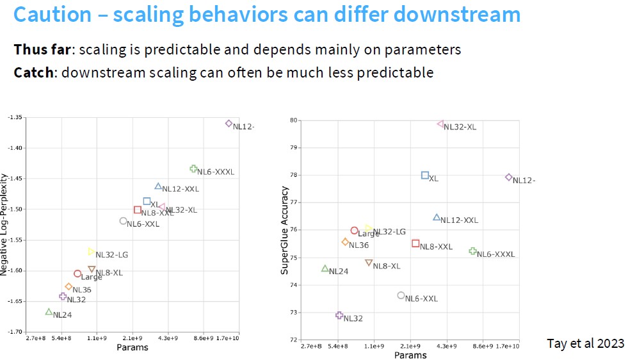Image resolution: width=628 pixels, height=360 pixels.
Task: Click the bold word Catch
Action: point(34,72)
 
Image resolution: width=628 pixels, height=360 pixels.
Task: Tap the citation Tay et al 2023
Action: point(585,343)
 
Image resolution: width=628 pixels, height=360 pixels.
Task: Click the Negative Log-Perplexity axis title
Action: point(5,227)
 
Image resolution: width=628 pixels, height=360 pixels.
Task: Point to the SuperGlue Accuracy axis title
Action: point(285,231)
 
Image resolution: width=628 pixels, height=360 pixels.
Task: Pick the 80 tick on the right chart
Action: point(294,120)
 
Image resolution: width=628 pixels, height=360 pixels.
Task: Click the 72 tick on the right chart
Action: point(294,340)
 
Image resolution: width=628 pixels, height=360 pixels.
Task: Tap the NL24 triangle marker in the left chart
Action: point(49,312)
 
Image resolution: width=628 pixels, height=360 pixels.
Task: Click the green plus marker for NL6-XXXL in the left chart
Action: point(193,169)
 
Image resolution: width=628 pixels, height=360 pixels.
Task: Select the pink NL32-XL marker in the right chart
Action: point(440,124)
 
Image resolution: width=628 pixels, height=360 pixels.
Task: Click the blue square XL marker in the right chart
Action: point(425,175)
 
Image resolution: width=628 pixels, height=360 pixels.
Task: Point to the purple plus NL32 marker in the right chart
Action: point(339,315)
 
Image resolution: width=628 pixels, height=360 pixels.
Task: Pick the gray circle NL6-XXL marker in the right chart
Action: point(401,295)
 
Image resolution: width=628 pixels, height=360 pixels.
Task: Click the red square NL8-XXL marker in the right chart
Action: point(415,243)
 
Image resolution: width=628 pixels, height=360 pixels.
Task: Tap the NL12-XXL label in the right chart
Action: point(459,220)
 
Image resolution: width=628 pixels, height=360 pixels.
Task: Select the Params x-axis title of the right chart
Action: point(410,355)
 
